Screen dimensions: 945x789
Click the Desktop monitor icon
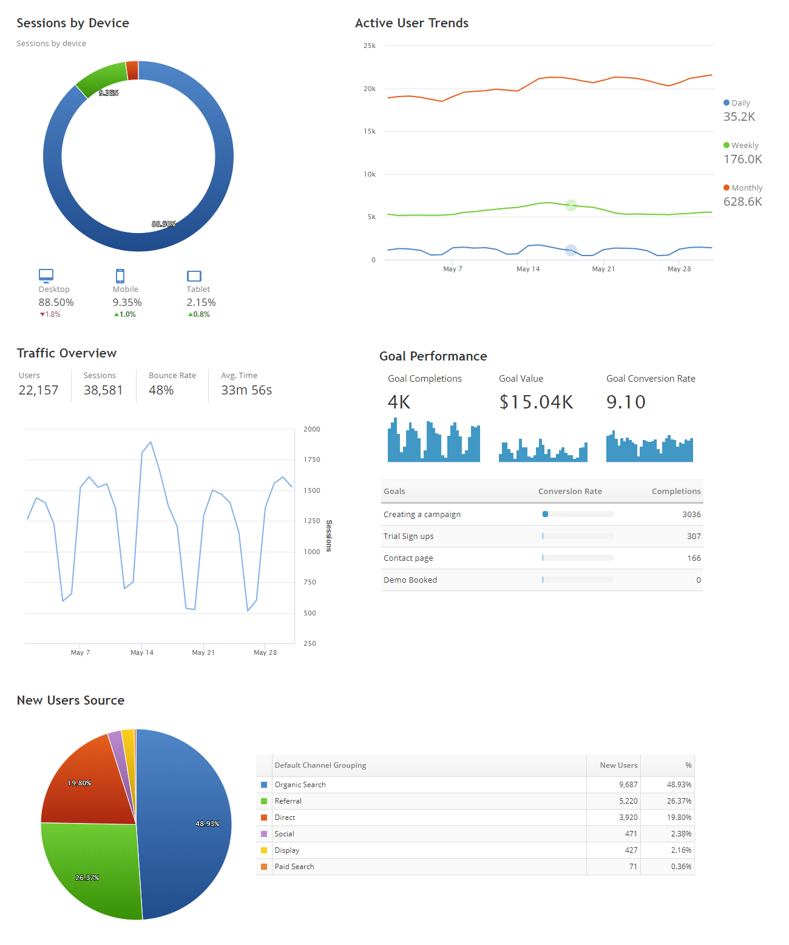point(46,276)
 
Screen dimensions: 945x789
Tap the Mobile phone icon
point(120,276)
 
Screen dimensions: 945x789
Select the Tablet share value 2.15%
point(201,302)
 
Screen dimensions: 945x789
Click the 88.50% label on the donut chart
point(164,224)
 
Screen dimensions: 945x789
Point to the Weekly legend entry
point(741,146)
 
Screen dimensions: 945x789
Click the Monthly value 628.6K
point(742,202)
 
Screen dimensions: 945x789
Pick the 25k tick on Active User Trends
point(370,46)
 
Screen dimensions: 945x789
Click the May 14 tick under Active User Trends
point(528,269)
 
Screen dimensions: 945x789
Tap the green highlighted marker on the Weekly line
point(571,205)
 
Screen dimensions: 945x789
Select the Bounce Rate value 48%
point(161,390)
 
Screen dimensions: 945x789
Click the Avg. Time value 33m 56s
point(246,390)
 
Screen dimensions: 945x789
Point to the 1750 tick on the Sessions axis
point(312,459)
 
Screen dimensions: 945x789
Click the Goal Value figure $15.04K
point(536,402)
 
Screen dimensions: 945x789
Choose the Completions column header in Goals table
point(676,492)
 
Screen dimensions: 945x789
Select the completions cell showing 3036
point(691,515)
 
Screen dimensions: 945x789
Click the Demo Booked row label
point(410,580)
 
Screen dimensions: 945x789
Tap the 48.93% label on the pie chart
point(208,824)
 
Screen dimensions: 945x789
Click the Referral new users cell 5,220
point(628,801)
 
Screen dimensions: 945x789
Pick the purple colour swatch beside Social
point(264,834)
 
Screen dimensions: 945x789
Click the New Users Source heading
point(70,700)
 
